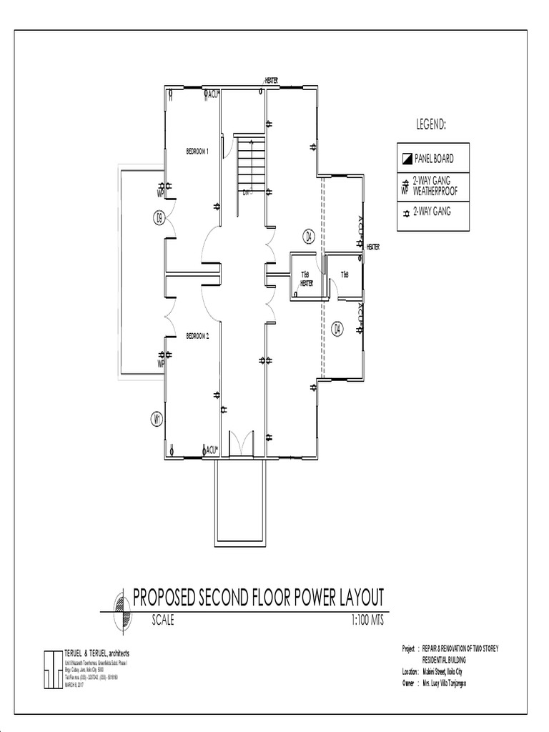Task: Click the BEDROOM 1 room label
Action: pyautogui.click(x=197, y=152)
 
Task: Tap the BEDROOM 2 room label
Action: pyautogui.click(x=197, y=336)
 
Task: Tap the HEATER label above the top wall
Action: pyautogui.click(x=272, y=81)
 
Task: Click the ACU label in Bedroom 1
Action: pyautogui.click(x=213, y=94)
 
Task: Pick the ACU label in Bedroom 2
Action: pyautogui.click(x=211, y=450)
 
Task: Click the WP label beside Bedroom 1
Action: pyautogui.click(x=161, y=193)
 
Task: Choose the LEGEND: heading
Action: pyautogui.click(x=432, y=124)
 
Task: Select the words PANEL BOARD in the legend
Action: pyautogui.click(x=434, y=159)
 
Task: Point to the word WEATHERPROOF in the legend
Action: pyautogui.click(x=435, y=191)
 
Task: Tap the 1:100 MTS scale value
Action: pyautogui.click(x=367, y=620)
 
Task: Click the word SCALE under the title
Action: pyautogui.click(x=163, y=620)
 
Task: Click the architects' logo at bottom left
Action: pyautogui.click(x=53, y=669)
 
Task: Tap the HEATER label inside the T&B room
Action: pyautogui.click(x=307, y=283)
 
